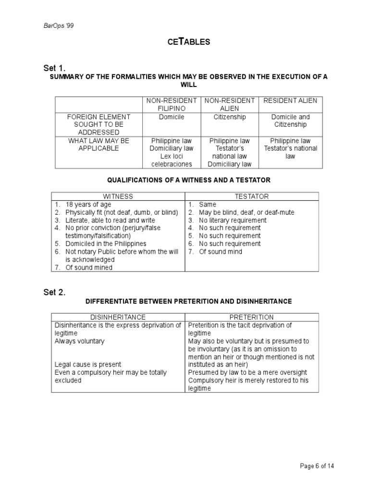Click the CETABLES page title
click(189, 42)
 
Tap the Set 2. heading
click(65, 292)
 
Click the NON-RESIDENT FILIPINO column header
click(172, 104)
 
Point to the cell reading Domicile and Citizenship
click(290, 121)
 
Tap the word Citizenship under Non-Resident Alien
click(230, 117)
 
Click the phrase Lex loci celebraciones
click(172, 160)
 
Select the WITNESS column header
click(118, 197)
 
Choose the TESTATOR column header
click(251, 197)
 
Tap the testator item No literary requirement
click(230, 220)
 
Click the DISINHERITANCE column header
click(118, 317)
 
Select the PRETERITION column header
click(251, 317)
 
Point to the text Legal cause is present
click(88, 364)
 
